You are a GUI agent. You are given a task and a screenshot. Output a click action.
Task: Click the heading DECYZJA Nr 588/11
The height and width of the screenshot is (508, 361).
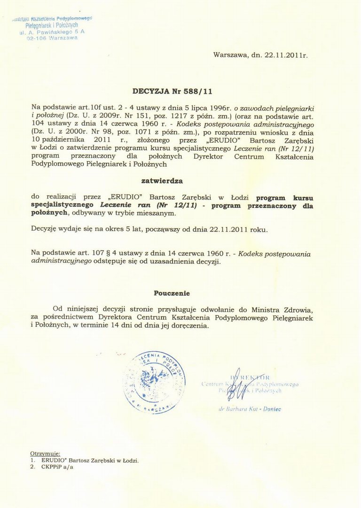[x=173, y=92]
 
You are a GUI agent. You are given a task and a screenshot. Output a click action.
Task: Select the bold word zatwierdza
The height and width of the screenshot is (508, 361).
[x=162, y=180]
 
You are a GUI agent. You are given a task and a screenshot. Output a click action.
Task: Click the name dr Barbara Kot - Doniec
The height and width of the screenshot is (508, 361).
[x=250, y=409]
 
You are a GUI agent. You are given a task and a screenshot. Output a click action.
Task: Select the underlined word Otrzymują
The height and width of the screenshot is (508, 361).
[x=45, y=454]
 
